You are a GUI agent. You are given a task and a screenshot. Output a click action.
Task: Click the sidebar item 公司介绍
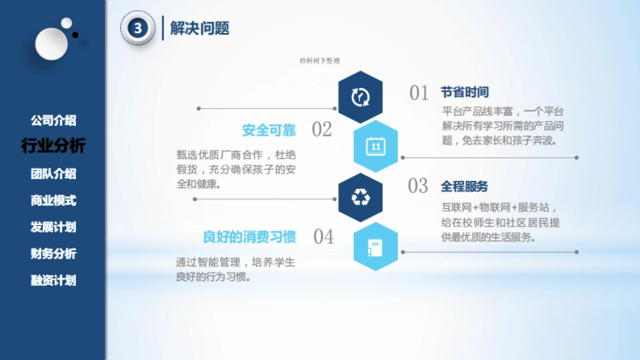(x=53, y=121)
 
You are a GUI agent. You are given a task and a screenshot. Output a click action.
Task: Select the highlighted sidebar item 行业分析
(x=53, y=146)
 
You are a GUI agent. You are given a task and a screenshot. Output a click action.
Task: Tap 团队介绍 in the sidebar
(x=53, y=174)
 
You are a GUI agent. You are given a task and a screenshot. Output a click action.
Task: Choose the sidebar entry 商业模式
(x=53, y=201)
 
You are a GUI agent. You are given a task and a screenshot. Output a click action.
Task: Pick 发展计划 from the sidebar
(x=53, y=227)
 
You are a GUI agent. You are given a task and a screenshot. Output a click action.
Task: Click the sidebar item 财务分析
(x=53, y=254)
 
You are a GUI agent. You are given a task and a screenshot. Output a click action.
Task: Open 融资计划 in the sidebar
(x=53, y=281)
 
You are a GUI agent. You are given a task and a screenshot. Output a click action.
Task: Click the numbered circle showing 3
(x=138, y=28)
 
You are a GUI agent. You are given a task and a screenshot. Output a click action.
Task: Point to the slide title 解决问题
(x=199, y=28)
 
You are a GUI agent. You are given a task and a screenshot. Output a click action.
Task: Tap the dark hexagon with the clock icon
(x=361, y=97)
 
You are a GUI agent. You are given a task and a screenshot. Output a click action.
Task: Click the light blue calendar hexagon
(x=375, y=146)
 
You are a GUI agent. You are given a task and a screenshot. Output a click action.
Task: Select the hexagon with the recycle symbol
(x=361, y=197)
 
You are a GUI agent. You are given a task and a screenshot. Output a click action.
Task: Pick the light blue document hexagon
(x=375, y=247)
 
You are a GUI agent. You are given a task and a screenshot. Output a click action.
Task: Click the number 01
(x=419, y=93)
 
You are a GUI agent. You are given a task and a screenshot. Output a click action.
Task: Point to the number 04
(x=323, y=237)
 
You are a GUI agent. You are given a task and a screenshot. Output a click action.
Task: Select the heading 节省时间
(x=465, y=92)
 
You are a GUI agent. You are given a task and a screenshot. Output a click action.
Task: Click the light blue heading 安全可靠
(x=269, y=130)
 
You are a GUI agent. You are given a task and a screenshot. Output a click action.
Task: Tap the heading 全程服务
(x=464, y=187)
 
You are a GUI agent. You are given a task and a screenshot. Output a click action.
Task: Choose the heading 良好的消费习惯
(x=250, y=237)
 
